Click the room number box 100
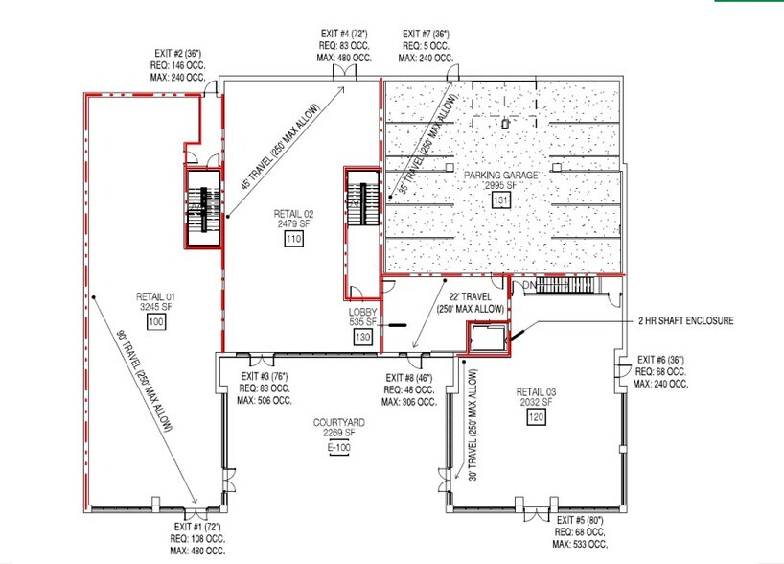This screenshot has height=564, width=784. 154,323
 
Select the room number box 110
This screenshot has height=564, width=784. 293,238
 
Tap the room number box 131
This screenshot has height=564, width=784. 500,200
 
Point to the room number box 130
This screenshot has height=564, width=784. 362,338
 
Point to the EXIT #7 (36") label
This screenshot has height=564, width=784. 427,34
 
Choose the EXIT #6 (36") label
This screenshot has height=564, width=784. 660,359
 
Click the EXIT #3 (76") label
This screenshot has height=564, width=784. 265,376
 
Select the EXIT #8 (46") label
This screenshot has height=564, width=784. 408,377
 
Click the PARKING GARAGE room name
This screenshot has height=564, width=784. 501,176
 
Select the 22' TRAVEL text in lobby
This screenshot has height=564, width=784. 470,296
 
